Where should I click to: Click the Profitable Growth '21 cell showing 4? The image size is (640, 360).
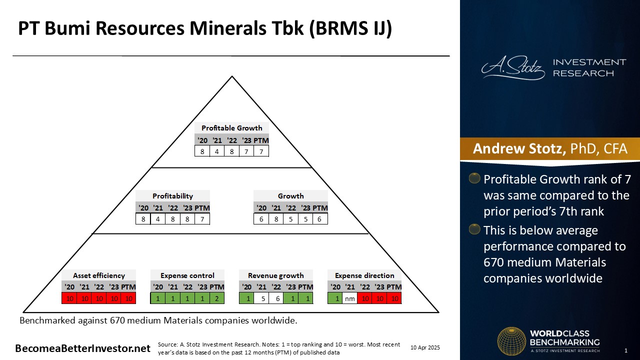pos(217,151)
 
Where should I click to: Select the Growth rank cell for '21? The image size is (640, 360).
pos(276,219)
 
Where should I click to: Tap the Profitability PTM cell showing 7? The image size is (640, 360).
pos(202,219)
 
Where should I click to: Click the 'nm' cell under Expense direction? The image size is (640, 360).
pos(350,298)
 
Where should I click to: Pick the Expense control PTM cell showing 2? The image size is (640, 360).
pos(217,298)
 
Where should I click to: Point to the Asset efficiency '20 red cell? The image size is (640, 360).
pos(69,298)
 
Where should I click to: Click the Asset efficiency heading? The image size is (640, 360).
pos(99,275)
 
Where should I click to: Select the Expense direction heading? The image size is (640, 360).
pos(364,275)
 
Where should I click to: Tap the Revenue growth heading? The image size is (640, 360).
pos(275,275)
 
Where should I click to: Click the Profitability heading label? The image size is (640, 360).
pos(172,196)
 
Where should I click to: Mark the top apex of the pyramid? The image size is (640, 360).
pos(232,76)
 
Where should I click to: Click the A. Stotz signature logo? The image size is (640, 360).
pos(513,68)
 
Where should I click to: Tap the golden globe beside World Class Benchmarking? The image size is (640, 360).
pos(511,341)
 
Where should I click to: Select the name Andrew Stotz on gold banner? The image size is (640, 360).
pos(519,148)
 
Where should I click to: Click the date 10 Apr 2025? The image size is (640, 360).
pos(425,347)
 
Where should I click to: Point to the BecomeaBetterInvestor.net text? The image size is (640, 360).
pos(82,348)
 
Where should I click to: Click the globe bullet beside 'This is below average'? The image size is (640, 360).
pos(474,229)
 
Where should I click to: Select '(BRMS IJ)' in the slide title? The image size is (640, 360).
pos(350,28)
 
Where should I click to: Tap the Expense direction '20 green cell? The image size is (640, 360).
pos(335,298)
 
